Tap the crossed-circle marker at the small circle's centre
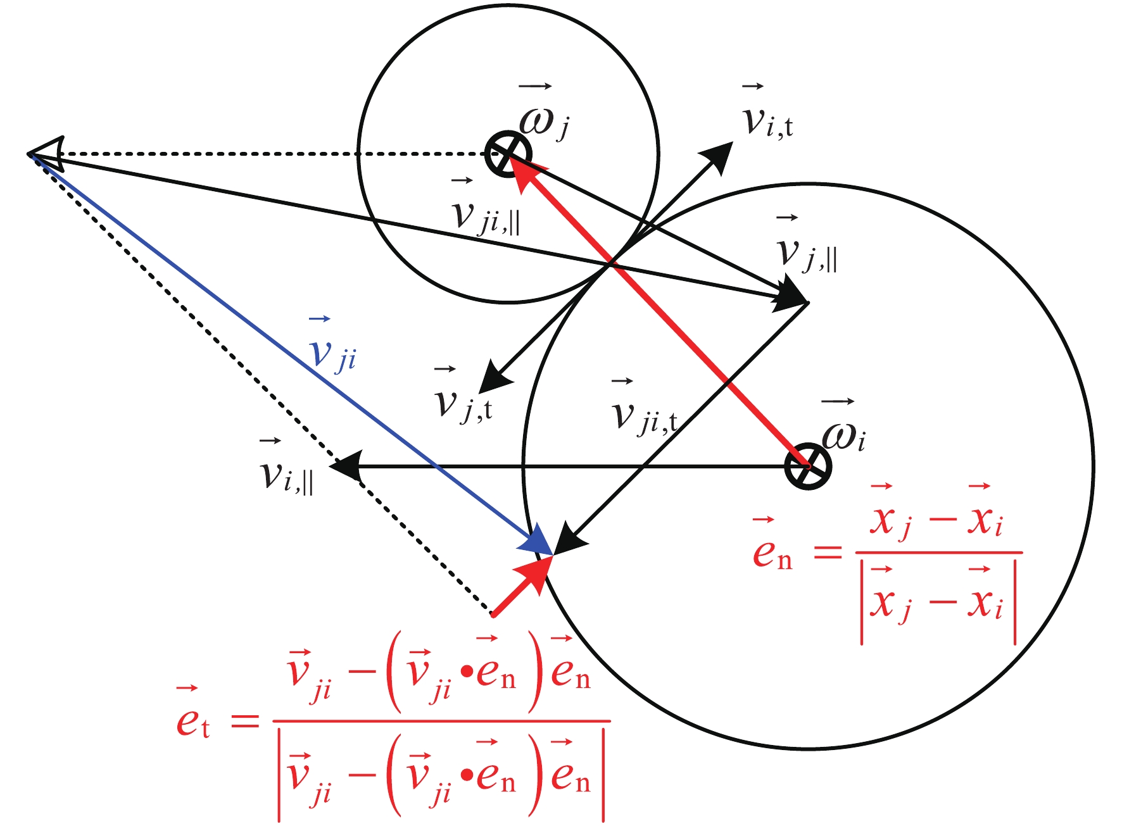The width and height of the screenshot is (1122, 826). (x=508, y=154)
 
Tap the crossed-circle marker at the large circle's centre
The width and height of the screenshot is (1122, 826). (x=807, y=466)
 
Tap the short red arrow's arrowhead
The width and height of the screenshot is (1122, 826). (x=536, y=570)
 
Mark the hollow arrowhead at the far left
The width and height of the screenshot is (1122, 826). (x=48, y=153)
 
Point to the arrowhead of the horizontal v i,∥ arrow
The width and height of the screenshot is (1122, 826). (x=345, y=467)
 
